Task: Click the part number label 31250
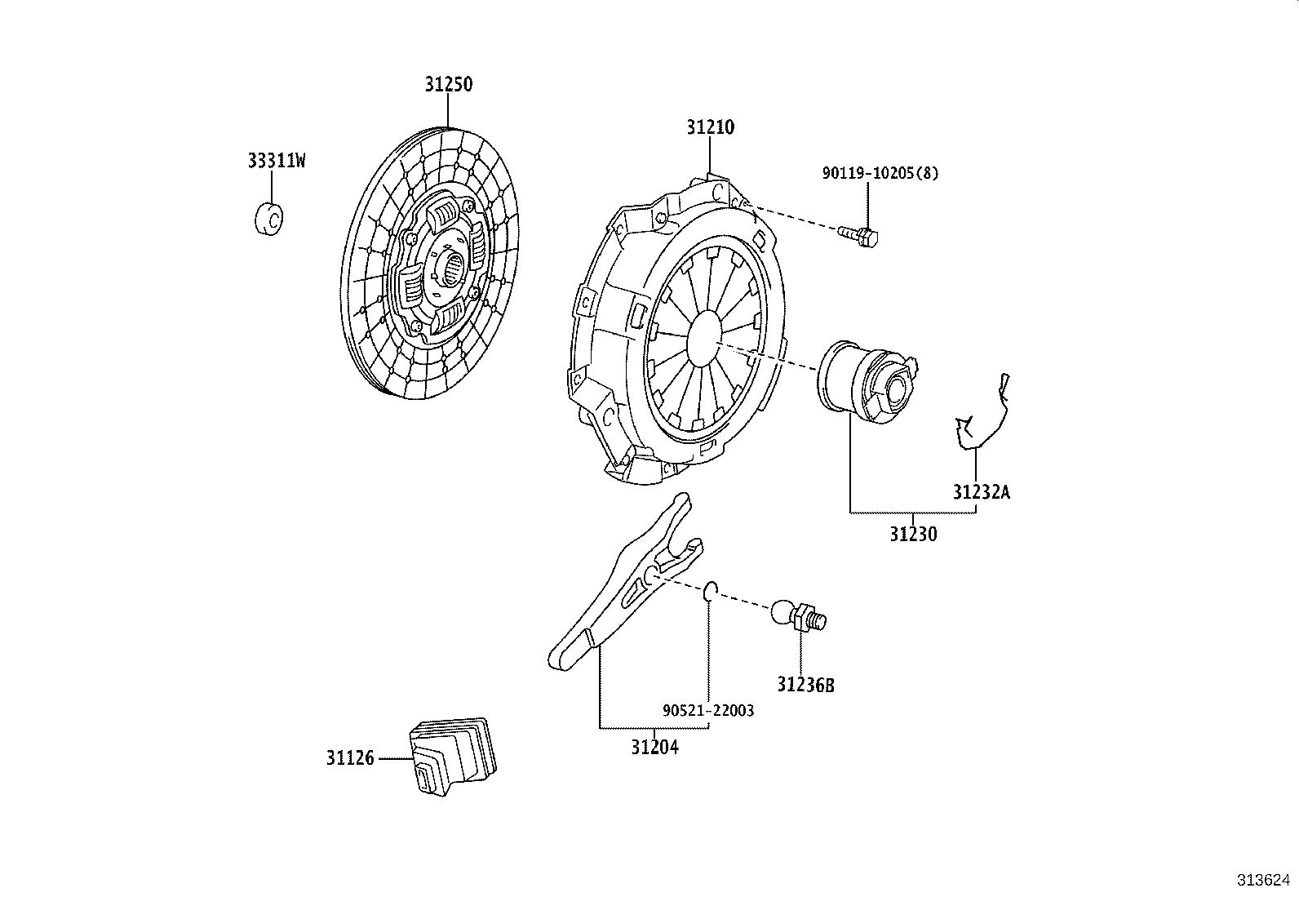(x=448, y=84)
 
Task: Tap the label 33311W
(x=277, y=161)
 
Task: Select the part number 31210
(x=710, y=127)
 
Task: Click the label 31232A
(x=981, y=491)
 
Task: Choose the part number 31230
(x=913, y=535)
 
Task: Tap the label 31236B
(x=805, y=685)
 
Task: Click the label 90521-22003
(x=708, y=710)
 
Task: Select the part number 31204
(x=654, y=746)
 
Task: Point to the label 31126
(x=350, y=758)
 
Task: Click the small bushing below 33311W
(x=268, y=218)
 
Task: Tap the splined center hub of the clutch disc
(x=452, y=266)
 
